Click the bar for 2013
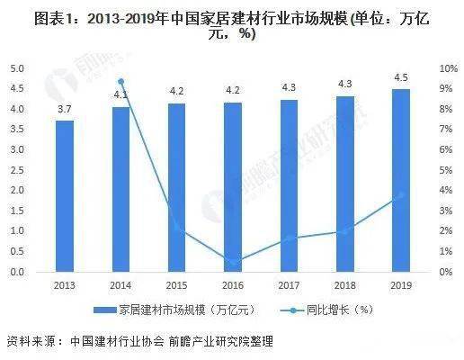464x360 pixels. tap(65, 196)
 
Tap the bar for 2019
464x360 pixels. tap(400, 180)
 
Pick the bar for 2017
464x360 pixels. tap(289, 185)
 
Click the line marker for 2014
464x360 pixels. tap(121, 82)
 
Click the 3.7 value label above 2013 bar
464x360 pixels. tap(65, 108)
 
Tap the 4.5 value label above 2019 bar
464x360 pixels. tap(400, 76)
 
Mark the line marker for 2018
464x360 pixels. tap(344, 231)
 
